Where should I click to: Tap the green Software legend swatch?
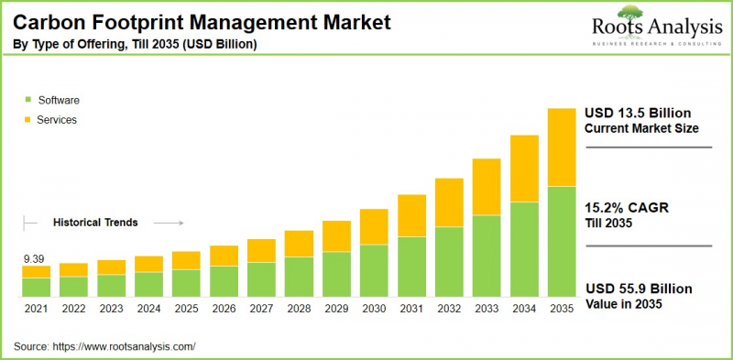[x=28, y=100]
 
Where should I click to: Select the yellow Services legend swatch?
[x=28, y=120]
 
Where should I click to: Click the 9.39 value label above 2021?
[x=35, y=259]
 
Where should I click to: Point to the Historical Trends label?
[x=95, y=222]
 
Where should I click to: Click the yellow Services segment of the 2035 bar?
[x=561, y=147]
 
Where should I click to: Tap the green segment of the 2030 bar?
[x=374, y=271]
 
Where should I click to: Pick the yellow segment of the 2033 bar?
[x=486, y=187]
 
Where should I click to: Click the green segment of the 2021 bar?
[x=36, y=288]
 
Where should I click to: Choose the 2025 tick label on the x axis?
[x=186, y=310]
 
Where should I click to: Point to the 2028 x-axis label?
[x=299, y=310]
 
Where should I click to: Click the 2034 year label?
[x=523, y=310]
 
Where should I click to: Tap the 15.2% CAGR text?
[x=627, y=208]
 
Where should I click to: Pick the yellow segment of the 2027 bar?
[x=261, y=250]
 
